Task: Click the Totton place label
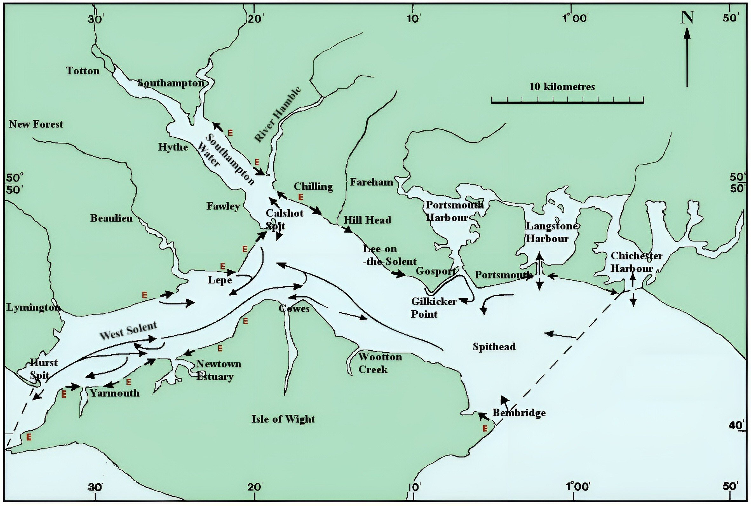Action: [x=83, y=71]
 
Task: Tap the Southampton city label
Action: [x=171, y=83]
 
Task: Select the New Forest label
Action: [x=36, y=124]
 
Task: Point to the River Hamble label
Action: [x=278, y=114]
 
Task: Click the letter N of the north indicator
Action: [x=687, y=18]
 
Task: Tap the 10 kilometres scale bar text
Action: [x=562, y=87]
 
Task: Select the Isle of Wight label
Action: [x=283, y=419]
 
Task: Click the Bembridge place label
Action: [x=519, y=413]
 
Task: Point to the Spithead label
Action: [x=494, y=347]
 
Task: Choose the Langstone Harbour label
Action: [x=551, y=232]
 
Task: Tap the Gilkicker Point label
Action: [x=433, y=308]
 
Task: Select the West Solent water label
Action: [x=128, y=331]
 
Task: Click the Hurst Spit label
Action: [x=43, y=369]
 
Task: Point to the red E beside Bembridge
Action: [x=485, y=428]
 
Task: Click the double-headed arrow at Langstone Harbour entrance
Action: [x=539, y=272]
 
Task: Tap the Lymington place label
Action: [x=33, y=308]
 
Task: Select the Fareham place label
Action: [x=371, y=182]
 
